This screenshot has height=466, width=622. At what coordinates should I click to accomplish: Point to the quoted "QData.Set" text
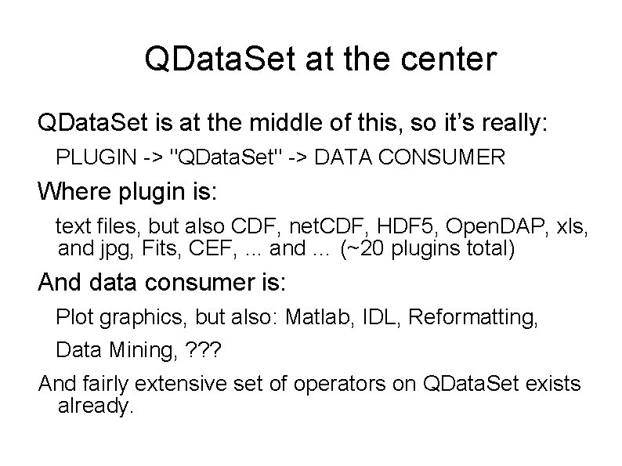[223, 158]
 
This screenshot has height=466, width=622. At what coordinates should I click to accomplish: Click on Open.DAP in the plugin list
[487, 228]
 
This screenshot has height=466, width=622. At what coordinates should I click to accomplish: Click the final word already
[96, 407]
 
